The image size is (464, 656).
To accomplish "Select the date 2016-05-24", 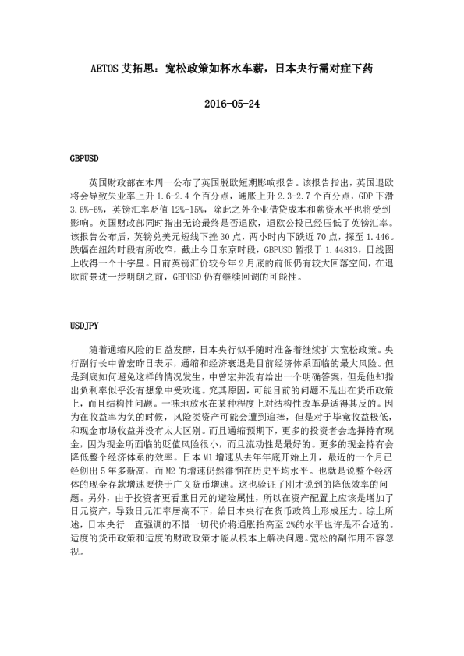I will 231,104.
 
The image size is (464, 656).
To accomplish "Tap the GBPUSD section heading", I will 84,159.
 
